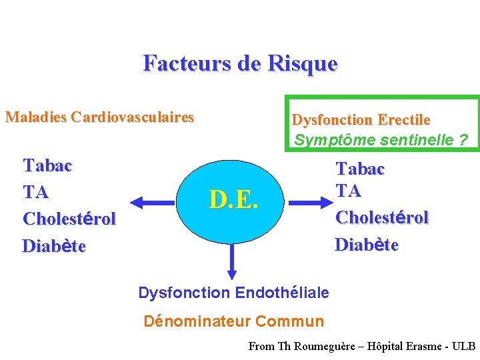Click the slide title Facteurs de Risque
click(240, 63)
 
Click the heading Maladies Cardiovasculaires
click(99, 118)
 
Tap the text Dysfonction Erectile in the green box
click(361, 120)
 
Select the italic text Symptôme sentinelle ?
click(381, 141)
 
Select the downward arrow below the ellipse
click(232, 261)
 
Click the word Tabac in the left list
click(47, 165)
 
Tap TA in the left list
click(35, 193)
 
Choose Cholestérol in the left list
click(69, 219)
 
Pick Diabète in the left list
click(54, 246)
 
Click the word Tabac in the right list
click(360, 169)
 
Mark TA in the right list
click(348, 191)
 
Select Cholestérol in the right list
click(381, 217)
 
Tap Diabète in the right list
click(366, 245)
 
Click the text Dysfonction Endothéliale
click(233, 293)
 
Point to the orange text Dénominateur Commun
click(234, 321)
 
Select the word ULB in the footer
click(463, 347)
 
